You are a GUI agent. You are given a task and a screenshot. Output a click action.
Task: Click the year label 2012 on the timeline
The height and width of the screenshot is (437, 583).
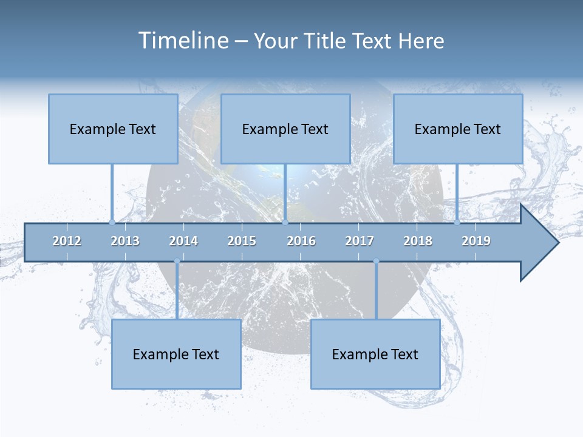(x=67, y=241)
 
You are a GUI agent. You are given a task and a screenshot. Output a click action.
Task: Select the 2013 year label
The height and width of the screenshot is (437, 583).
(x=125, y=241)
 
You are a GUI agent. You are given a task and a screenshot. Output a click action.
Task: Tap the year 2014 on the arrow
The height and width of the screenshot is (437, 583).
(x=183, y=241)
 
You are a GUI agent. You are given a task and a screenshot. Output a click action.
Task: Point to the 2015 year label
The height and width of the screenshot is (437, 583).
(x=242, y=241)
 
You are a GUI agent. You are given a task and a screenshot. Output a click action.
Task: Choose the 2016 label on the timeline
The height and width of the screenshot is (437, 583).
(x=301, y=241)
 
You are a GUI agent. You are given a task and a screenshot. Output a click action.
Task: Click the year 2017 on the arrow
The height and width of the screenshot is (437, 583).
(x=360, y=241)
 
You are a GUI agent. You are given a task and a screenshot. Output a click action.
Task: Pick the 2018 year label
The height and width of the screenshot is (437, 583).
(x=418, y=241)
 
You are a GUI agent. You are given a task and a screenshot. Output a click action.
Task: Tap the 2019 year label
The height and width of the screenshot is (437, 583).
(x=476, y=241)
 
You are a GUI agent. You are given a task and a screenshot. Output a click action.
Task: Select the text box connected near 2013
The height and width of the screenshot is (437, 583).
(x=113, y=129)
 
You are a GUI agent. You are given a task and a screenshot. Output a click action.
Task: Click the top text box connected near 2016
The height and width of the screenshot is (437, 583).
(x=285, y=129)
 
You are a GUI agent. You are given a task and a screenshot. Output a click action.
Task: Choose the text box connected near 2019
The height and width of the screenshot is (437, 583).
(x=458, y=129)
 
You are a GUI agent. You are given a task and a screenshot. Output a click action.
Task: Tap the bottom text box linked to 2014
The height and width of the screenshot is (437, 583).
(x=176, y=354)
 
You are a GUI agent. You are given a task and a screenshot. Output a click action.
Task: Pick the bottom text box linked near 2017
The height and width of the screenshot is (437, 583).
(x=375, y=354)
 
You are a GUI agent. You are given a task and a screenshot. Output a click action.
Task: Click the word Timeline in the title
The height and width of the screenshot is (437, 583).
(x=183, y=41)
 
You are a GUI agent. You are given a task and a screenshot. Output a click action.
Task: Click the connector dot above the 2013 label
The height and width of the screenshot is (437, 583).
(x=112, y=223)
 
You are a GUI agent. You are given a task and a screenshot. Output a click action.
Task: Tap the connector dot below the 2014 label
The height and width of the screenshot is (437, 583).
(x=177, y=261)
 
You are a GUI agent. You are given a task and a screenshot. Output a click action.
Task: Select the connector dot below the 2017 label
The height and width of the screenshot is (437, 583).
(x=376, y=261)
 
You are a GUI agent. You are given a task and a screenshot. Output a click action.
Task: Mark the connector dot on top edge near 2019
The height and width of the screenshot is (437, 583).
(x=457, y=223)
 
